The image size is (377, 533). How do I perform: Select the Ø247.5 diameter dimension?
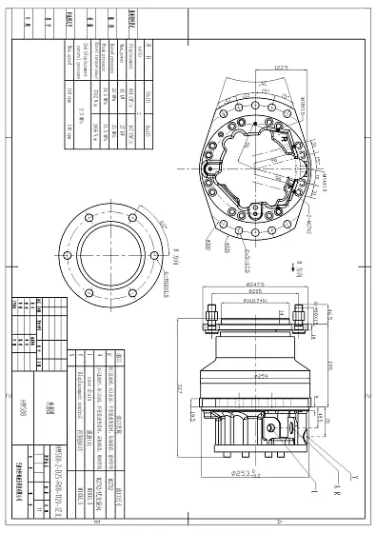[x=255, y=285]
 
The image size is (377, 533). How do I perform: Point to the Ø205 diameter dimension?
[x=255, y=291]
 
